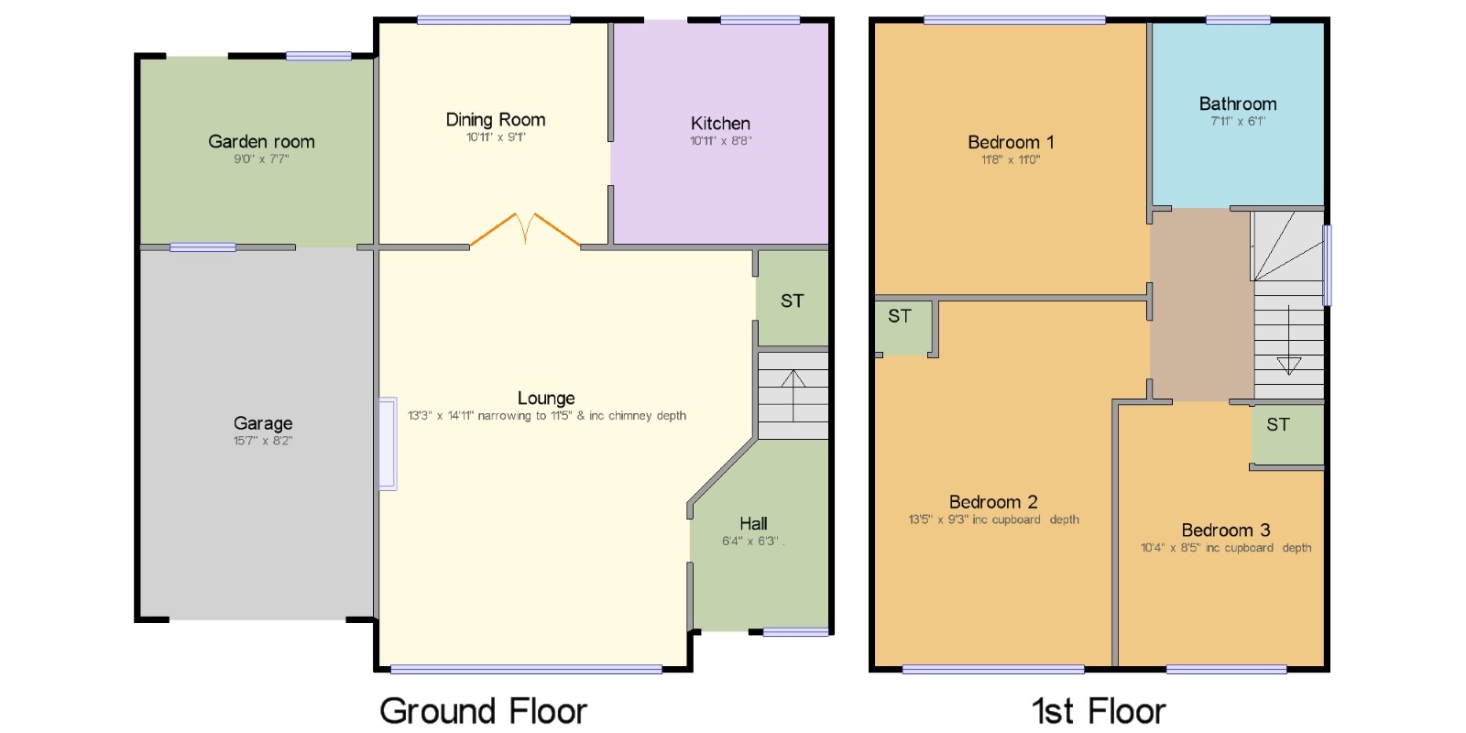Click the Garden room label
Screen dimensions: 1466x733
pyautogui.click(x=261, y=141)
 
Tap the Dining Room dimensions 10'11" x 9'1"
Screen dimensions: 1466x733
pyautogui.click(x=496, y=137)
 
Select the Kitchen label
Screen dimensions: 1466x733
pyautogui.click(x=720, y=123)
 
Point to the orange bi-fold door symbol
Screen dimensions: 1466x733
pyautogui.click(x=525, y=229)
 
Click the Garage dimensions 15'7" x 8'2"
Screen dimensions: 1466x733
pyautogui.click(x=262, y=441)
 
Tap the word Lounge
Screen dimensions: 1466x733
pyautogui.click(x=546, y=398)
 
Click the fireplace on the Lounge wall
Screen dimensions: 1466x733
pyautogui.click(x=388, y=443)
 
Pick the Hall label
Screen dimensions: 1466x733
pyautogui.click(x=753, y=523)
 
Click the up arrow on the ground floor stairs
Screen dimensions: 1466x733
pyautogui.click(x=793, y=395)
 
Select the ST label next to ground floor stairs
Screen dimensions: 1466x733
pyautogui.click(x=792, y=301)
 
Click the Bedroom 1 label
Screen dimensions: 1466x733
pyautogui.click(x=1011, y=142)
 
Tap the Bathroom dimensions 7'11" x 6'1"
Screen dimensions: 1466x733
pyautogui.click(x=1238, y=121)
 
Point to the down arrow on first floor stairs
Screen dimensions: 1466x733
pyautogui.click(x=1288, y=340)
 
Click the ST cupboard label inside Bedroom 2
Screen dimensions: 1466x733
pyautogui.click(x=899, y=316)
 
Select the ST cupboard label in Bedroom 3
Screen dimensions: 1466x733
pyautogui.click(x=1277, y=425)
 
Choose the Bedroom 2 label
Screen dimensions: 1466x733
pyautogui.click(x=993, y=502)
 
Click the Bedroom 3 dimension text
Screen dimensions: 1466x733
pyautogui.click(x=1226, y=548)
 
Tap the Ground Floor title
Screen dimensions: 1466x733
pyautogui.click(x=483, y=711)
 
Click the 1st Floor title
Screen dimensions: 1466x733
pyautogui.click(x=1099, y=711)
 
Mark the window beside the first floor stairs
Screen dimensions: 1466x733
pyautogui.click(x=1328, y=265)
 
